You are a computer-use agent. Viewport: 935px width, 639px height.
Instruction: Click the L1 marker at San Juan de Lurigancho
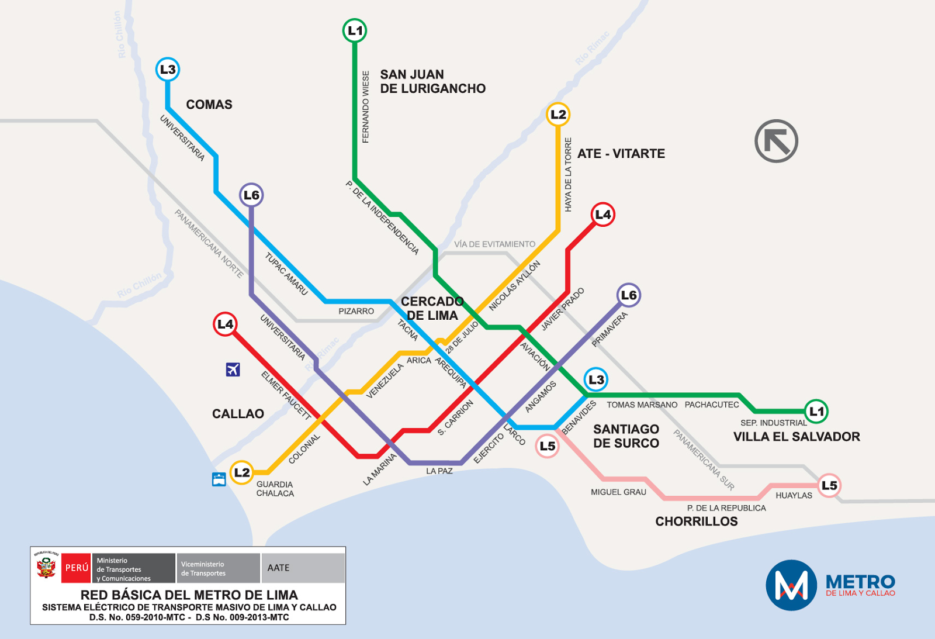[355, 30]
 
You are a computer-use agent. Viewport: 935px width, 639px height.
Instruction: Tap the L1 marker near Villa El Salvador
[816, 412]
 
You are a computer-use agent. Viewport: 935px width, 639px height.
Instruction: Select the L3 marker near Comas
[168, 70]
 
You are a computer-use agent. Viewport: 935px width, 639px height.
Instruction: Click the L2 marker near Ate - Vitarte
[558, 115]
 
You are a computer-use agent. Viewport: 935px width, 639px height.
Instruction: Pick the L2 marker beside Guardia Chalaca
[241, 472]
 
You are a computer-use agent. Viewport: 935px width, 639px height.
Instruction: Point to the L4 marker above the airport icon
[225, 324]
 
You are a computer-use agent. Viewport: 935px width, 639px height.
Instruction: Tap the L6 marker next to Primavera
[629, 295]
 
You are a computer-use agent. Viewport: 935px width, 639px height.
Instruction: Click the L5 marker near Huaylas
[829, 485]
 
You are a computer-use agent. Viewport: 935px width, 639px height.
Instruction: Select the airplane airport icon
[233, 369]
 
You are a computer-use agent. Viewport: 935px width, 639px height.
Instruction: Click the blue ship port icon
[219, 479]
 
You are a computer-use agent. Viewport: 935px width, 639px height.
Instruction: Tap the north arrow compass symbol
[776, 141]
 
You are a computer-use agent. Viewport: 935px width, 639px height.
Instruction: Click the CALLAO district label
[238, 414]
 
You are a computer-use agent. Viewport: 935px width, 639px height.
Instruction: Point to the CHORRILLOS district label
[696, 521]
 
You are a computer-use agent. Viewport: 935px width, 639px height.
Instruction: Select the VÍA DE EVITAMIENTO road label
[494, 244]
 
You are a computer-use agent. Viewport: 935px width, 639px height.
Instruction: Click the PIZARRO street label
[356, 311]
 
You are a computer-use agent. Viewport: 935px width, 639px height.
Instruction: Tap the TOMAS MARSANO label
[642, 405]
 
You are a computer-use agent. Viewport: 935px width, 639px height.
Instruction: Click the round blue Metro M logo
[791, 585]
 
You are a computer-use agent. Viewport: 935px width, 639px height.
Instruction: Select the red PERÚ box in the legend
[77, 568]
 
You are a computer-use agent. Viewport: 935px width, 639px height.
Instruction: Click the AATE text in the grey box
[279, 568]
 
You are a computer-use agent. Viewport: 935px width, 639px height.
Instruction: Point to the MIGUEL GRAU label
[618, 492]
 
